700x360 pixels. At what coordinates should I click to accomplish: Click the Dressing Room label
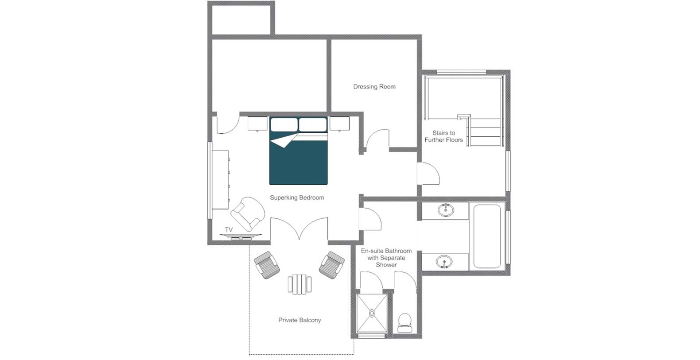(x=374, y=86)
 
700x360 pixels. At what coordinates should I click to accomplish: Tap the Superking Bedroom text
(x=297, y=197)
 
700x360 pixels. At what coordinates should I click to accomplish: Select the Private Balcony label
(x=299, y=320)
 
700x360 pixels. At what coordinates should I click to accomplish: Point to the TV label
(x=229, y=229)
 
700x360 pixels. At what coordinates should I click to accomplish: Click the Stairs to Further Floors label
(x=443, y=136)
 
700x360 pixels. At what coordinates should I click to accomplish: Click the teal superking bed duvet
(x=299, y=163)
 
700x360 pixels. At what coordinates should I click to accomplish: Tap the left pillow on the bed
(x=284, y=124)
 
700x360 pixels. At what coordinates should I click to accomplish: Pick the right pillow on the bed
(x=313, y=124)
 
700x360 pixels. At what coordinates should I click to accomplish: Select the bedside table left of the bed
(x=257, y=124)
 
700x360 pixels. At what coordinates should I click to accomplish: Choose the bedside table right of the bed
(x=339, y=124)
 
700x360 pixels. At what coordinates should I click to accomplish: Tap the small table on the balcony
(x=299, y=284)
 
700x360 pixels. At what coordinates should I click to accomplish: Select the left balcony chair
(x=267, y=265)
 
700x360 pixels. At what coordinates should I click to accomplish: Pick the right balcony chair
(x=332, y=265)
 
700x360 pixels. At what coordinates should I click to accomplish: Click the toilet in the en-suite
(x=405, y=323)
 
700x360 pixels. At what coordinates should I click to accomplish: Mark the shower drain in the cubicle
(x=372, y=313)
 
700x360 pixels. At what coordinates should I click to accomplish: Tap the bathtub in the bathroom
(x=487, y=236)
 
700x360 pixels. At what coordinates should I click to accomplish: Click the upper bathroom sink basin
(x=446, y=210)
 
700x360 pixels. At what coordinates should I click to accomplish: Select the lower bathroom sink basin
(x=444, y=262)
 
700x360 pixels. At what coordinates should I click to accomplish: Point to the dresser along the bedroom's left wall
(x=220, y=179)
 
